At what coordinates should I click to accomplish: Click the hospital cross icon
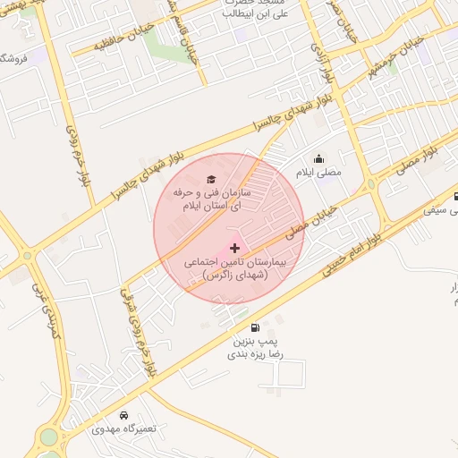click(234, 248)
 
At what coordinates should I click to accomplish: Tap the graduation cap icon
click(211, 179)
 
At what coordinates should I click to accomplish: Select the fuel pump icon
click(258, 327)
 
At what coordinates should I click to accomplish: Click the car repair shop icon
click(123, 415)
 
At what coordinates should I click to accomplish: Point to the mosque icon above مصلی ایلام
click(319, 159)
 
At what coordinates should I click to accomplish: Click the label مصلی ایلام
click(318, 173)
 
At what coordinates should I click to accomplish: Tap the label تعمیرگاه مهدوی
click(123, 428)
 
